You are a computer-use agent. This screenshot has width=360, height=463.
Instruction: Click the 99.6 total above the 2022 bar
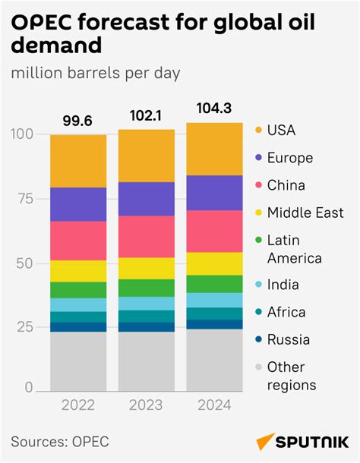click(x=78, y=121)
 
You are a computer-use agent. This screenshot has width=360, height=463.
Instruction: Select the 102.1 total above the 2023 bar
click(x=146, y=116)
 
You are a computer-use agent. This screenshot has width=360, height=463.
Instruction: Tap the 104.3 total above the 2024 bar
click(x=213, y=109)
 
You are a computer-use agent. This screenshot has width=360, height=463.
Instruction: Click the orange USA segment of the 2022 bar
click(x=78, y=161)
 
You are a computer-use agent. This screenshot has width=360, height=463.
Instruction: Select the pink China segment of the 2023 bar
click(x=146, y=236)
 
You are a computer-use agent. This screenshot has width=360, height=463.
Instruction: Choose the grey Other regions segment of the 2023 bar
click(x=146, y=361)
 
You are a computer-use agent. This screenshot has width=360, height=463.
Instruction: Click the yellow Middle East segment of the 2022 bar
click(x=78, y=271)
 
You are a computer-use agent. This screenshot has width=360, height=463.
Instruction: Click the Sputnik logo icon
click(x=266, y=441)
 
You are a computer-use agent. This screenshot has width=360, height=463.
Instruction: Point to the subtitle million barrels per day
click(x=95, y=74)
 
